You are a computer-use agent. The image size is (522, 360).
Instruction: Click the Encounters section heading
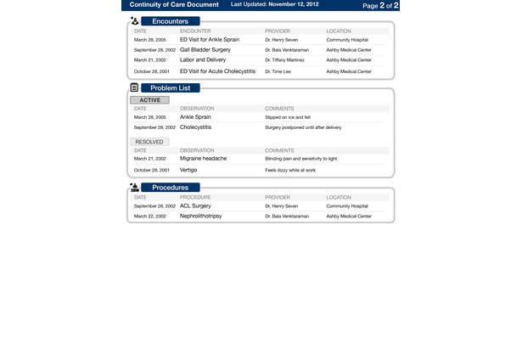pos(170,20)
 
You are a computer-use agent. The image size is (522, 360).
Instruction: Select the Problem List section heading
pos(170,88)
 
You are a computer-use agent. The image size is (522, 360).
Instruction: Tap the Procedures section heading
pos(170,187)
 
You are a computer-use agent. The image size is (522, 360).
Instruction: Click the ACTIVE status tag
pos(149,100)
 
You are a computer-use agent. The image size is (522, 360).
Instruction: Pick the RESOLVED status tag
pos(150,142)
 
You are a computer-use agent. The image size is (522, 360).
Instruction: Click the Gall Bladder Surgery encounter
pos(205,50)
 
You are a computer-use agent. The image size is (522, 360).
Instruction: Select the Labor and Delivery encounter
pos(203,60)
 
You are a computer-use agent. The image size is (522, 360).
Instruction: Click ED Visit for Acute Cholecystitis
pos(217,71)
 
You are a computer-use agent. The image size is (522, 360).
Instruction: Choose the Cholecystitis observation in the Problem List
pos(195,127)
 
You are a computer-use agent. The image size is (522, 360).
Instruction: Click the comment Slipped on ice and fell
pos(288,117)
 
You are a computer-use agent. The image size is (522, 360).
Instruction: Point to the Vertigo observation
pos(188,170)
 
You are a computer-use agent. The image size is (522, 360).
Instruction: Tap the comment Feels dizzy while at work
pos(289,171)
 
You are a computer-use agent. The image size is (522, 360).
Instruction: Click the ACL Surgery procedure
pos(195,205)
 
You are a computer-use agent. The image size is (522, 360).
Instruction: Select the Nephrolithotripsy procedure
pos(200,217)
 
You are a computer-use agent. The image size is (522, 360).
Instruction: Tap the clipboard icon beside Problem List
pos(134,87)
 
